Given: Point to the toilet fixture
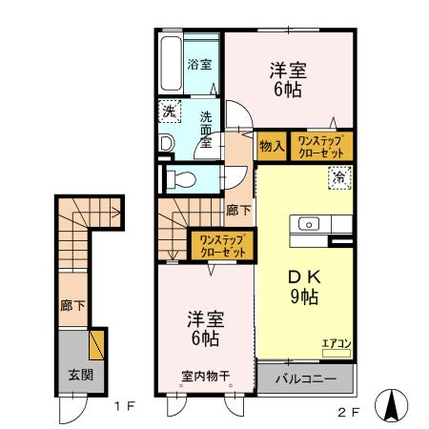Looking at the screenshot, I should [181, 178].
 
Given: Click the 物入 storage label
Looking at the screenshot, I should [271, 146].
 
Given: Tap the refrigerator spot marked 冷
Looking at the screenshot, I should [339, 175].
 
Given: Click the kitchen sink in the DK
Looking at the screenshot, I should [311, 224].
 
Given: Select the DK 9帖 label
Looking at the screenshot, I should [305, 286].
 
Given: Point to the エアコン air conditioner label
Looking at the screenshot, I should [336, 343].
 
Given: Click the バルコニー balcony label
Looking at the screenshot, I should [305, 378].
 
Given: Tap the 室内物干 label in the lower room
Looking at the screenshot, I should [205, 375].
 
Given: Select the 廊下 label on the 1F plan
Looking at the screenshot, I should [71, 307].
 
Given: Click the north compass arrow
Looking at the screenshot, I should [391, 405].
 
